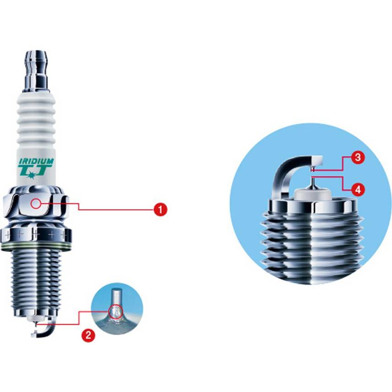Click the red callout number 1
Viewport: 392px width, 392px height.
pos(160,210)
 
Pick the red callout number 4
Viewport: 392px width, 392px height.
pos(359,189)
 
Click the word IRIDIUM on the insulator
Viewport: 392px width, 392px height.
pos(36,161)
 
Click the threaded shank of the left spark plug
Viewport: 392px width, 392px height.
pos(36,279)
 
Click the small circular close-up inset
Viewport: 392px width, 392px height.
pos(117,308)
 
